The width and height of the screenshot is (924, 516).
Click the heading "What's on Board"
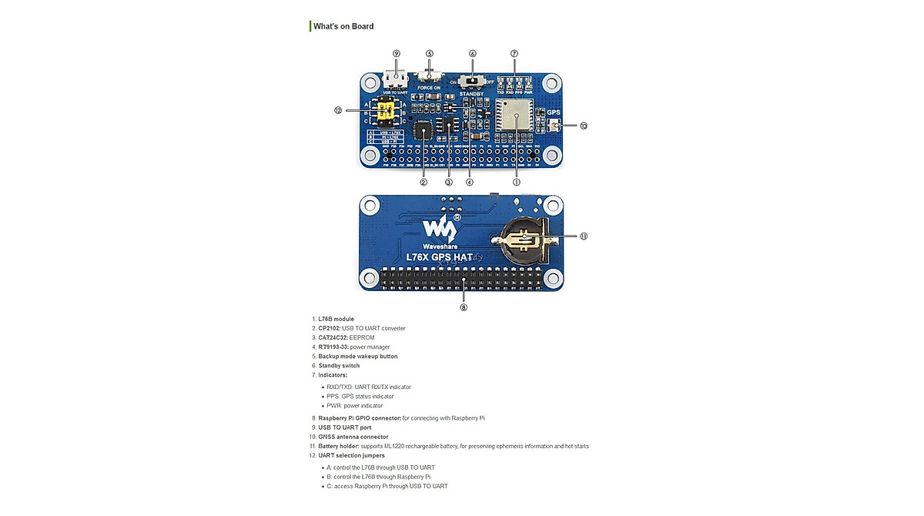(343, 26)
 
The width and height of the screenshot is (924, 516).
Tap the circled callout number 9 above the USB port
(397, 54)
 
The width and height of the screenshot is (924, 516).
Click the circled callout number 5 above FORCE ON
(430, 54)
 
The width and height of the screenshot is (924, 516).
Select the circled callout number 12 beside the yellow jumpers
(338, 110)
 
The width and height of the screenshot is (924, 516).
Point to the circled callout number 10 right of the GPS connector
(583, 126)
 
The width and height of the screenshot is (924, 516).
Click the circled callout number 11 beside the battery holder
(583, 236)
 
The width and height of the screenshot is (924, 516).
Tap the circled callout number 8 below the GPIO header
(464, 307)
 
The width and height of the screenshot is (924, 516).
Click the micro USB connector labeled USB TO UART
(396, 80)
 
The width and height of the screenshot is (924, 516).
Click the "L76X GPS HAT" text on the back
(440, 256)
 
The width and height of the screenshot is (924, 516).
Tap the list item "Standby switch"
(339, 366)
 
